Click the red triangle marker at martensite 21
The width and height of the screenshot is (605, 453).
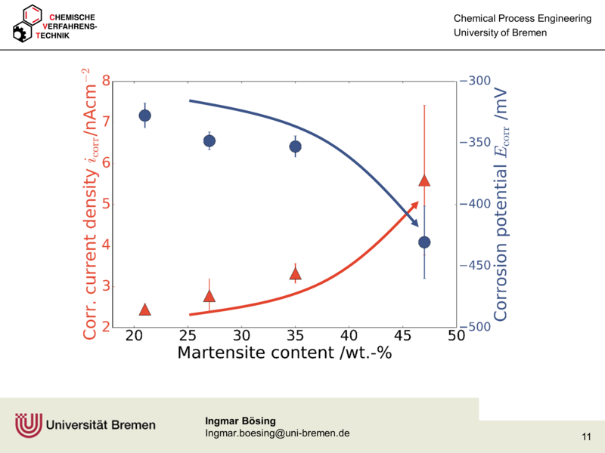145,310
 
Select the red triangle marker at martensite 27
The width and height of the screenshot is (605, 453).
209,296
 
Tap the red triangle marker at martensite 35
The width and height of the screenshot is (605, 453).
296,274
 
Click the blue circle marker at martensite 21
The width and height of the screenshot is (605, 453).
145,116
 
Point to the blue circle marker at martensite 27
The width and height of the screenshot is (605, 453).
209,141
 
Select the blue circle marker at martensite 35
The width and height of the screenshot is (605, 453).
296,146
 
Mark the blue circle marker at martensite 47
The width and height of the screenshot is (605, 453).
424,242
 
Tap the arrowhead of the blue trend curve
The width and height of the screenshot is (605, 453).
415,223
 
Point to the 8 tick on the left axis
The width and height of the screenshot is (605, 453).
106,82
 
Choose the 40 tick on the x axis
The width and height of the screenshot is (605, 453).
349,335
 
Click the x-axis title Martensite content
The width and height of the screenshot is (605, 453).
284,353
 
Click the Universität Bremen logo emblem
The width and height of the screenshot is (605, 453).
29,425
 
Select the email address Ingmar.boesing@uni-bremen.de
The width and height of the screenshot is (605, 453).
277,433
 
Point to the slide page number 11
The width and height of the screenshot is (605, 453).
587,437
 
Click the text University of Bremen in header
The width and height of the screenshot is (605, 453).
500,33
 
